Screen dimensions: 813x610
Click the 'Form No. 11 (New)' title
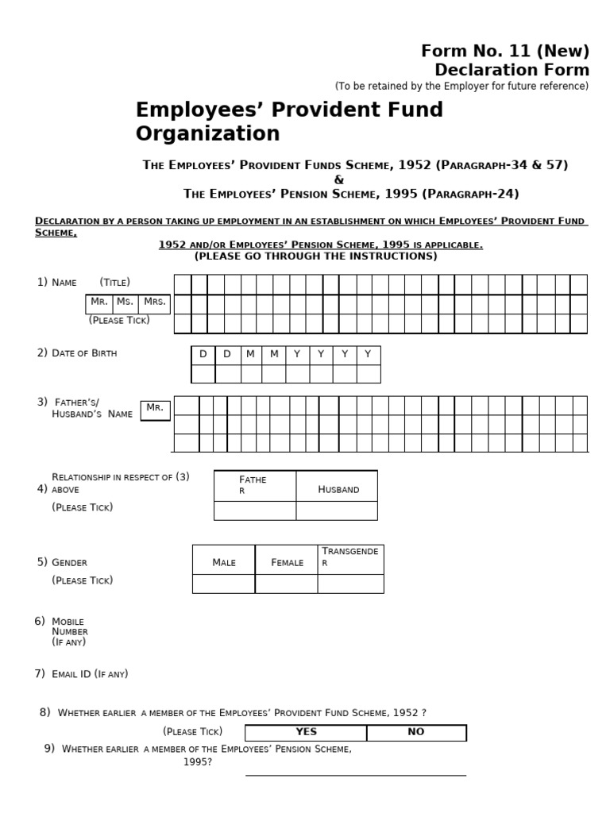(505, 52)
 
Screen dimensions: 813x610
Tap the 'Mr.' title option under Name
(99, 302)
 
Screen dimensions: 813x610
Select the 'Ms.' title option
(125, 302)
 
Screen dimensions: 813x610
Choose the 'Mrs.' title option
(154, 302)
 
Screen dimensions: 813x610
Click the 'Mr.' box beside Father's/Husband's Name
(155, 409)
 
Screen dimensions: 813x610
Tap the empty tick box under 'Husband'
(337, 511)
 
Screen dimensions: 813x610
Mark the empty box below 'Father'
(255, 511)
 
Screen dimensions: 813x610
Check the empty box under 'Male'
(223, 584)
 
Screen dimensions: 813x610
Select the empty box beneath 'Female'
(286, 584)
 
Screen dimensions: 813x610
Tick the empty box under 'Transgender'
(350, 584)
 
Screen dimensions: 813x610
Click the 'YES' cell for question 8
(306, 732)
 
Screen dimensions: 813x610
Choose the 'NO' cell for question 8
(416, 732)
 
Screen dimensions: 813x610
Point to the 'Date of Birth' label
(83, 353)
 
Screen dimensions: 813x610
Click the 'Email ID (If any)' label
(89, 674)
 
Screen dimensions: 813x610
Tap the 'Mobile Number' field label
(69, 626)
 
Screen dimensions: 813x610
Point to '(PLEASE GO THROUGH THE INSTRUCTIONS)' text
(315, 256)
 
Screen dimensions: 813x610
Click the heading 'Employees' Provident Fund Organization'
(289, 121)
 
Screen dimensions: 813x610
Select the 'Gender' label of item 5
(69, 562)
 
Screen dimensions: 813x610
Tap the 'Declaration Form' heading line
(512, 70)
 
